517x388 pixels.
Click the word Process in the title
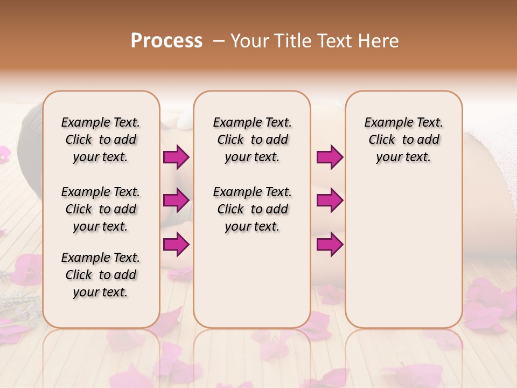[x=166, y=41]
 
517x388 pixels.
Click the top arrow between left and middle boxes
[x=176, y=157]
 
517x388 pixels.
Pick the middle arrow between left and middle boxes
[x=176, y=200]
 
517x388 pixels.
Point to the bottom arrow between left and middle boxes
[x=176, y=245]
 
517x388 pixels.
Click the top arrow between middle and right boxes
[x=330, y=157]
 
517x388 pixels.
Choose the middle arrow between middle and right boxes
[x=330, y=200]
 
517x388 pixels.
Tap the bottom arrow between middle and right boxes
[x=330, y=245]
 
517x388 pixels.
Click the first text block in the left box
[x=101, y=140]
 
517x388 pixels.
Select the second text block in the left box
[x=101, y=209]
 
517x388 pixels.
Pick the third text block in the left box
[x=101, y=275]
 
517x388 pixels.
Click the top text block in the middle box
[x=252, y=140]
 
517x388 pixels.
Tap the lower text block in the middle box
[x=252, y=209]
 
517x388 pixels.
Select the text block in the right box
[x=403, y=140]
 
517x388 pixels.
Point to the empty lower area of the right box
[x=403, y=253]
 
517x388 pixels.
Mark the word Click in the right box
[x=382, y=140]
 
